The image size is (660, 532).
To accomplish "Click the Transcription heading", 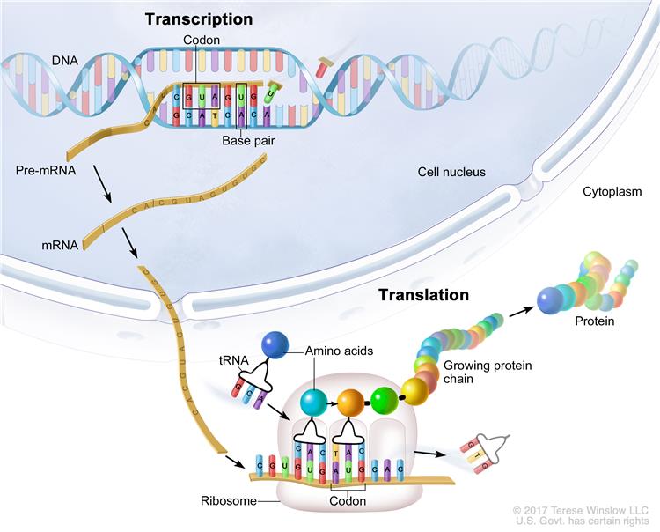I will (x=198, y=18).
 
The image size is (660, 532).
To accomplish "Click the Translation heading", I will (x=424, y=295).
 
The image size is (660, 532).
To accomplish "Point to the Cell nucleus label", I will (x=451, y=171).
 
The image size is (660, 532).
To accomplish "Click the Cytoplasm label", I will (x=612, y=191).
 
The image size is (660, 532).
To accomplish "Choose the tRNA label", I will (x=231, y=359).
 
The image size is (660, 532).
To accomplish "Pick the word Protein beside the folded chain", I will (x=595, y=321).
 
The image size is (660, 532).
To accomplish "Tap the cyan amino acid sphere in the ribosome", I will (x=313, y=403).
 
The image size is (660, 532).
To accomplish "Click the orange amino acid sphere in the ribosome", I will (x=348, y=403).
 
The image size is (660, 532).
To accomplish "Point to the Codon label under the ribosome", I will (x=348, y=500).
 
